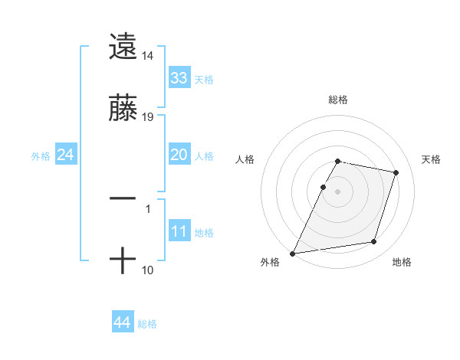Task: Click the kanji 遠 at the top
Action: [x=123, y=47]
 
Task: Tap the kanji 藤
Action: [x=123, y=109]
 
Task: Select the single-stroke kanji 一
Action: [x=123, y=198]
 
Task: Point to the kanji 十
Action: [x=123, y=261]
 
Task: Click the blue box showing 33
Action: [x=179, y=78]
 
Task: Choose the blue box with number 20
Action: [x=179, y=155]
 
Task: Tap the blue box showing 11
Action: [x=179, y=231]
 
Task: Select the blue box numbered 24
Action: [x=65, y=155]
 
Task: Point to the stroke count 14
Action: [x=148, y=56]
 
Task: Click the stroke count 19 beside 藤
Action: [x=148, y=118]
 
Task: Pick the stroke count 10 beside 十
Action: [x=148, y=270]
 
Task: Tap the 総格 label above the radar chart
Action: [x=338, y=100]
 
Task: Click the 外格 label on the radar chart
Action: [x=270, y=263]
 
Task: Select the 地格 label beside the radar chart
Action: [x=402, y=263]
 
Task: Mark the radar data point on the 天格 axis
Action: [x=396, y=172]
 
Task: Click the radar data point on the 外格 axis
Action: [x=293, y=253]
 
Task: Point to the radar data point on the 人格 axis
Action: [x=323, y=187]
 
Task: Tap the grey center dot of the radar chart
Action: [x=338, y=191]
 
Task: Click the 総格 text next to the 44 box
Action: [x=147, y=324]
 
